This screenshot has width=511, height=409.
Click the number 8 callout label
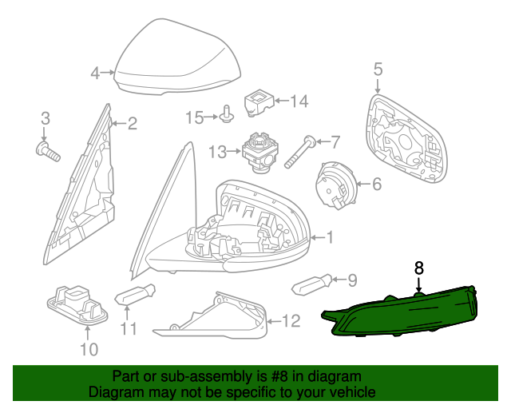tap(418, 268)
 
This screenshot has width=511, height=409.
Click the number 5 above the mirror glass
tap(378, 69)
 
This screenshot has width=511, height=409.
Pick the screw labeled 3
tap(48, 152)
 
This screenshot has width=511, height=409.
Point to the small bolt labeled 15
tap(227, 114)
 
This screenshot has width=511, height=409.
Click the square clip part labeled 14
tap(259, 102)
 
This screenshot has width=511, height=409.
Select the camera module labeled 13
tap(259, 153)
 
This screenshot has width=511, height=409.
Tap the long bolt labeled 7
tap(300, 152)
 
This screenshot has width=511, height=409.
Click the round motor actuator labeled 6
tap(335, 184)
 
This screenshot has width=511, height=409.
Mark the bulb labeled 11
tap(135, 294)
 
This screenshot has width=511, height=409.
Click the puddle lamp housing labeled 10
tap(77, 305)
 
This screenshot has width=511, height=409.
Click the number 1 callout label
tap(330, 237)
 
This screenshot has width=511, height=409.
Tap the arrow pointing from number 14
tap(282, 101)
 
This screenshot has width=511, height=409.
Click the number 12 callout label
tap(291, 321)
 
